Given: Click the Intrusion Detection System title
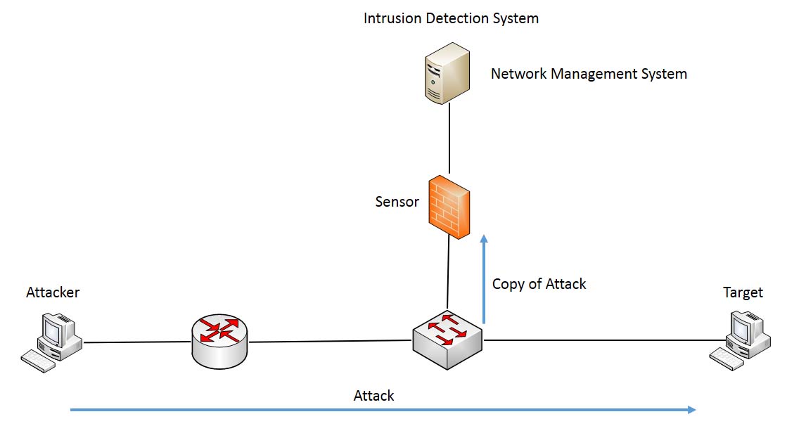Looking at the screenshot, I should point(451,18).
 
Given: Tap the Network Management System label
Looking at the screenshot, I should point(589,74).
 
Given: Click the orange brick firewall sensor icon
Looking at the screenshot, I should point(449,207).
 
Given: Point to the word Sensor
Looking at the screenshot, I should point(397,202).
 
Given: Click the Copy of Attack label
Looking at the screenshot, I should point(539,284).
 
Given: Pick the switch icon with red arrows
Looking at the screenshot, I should point(447,340).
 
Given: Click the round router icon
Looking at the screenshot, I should point(219,340).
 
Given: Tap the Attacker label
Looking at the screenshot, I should point(53,292).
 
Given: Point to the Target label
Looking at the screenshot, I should point(743,292).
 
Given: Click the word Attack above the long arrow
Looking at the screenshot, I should point(373,396).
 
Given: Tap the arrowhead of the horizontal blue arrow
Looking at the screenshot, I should point(692,409).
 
